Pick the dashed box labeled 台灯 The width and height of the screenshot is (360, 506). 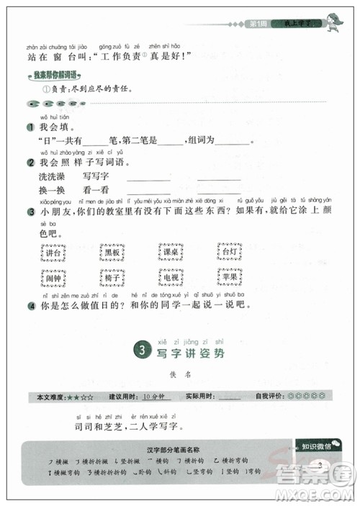229,253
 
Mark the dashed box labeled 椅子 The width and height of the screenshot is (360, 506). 111,277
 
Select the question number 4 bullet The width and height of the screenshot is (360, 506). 30,305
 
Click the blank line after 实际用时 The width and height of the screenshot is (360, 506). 230,397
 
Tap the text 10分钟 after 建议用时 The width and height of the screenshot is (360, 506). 154,397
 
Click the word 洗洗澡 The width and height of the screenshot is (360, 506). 53,176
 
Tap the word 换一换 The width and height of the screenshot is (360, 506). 53,190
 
